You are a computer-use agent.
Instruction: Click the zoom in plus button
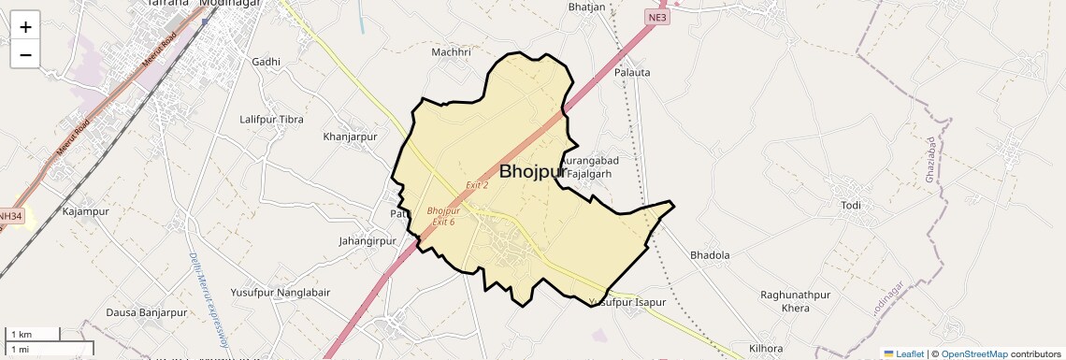(25, 27)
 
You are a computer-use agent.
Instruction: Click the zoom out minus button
(25, 55)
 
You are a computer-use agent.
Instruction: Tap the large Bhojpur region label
(532, 172)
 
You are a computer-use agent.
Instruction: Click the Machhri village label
(451, 52)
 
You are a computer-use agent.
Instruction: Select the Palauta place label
(632, 72)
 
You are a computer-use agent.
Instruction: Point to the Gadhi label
(266, 62)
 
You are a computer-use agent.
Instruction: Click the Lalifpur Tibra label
(271, 120)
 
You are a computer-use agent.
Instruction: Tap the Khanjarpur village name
(349, 137)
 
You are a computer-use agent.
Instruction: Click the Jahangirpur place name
(367, 241)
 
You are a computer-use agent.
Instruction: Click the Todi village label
(850, 206)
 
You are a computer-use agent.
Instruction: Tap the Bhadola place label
(709, 254)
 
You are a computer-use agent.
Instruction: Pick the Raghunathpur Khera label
(795, 301)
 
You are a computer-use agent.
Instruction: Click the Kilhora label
(765, 348)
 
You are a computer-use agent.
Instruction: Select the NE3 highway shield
(656, 17)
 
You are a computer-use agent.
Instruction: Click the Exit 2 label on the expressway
(477, 185)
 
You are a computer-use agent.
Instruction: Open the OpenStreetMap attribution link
(973, 354)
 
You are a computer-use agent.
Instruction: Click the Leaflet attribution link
(903, 354)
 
